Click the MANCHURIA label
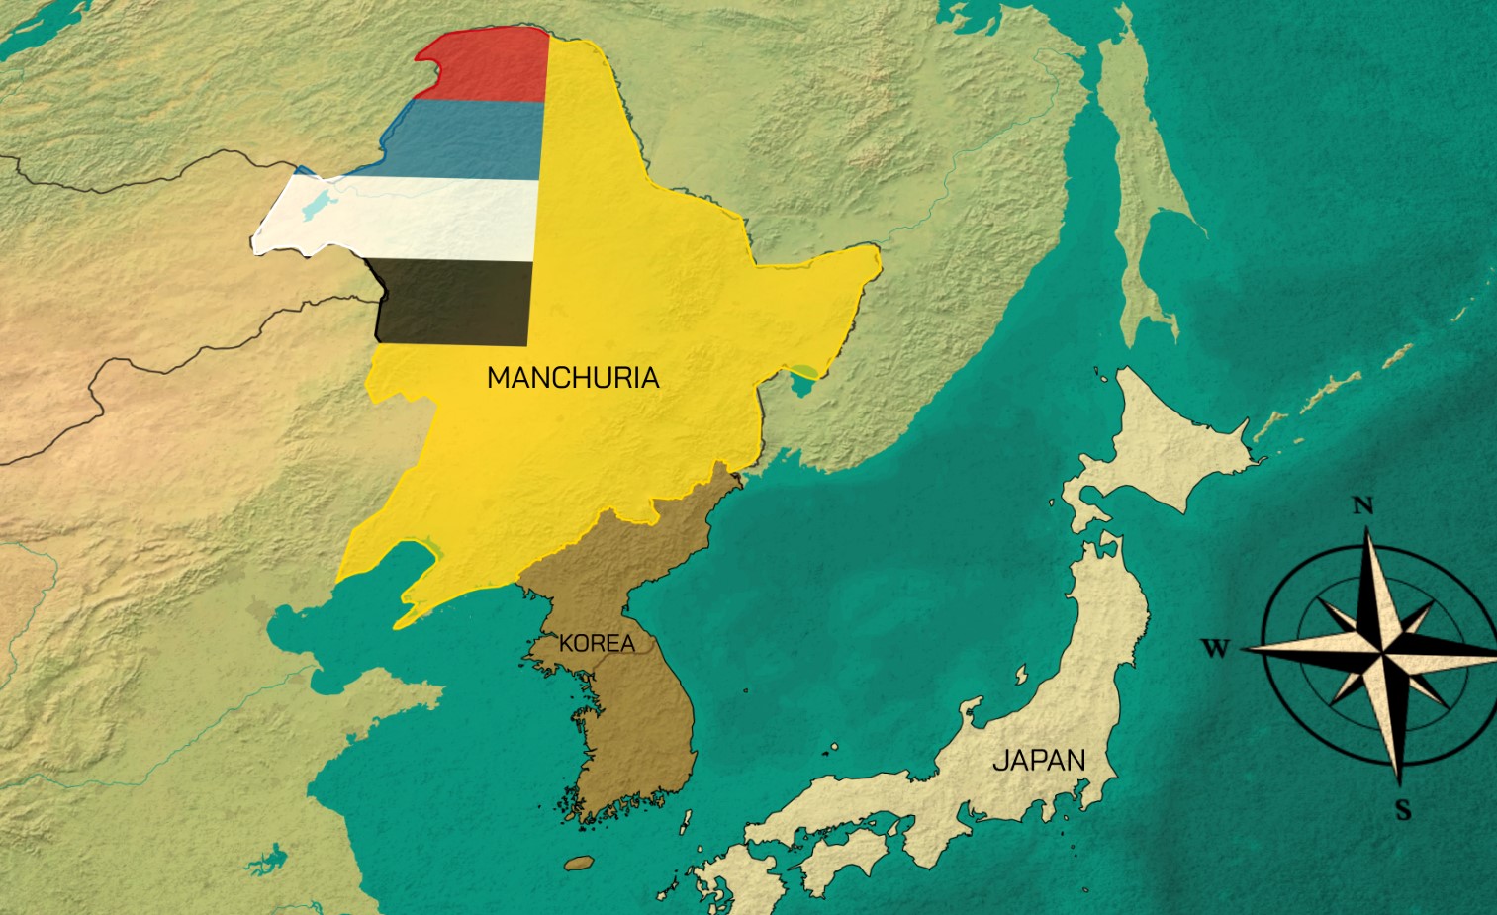[573, 378]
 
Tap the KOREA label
[597, 644]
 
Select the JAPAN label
[1039, 761]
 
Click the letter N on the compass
[1363, 506]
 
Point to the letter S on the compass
[1403, 811]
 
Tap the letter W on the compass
[1216, 649]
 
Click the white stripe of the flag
[416, 218]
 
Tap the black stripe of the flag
[455, 302]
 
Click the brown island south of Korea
[579, 863]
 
